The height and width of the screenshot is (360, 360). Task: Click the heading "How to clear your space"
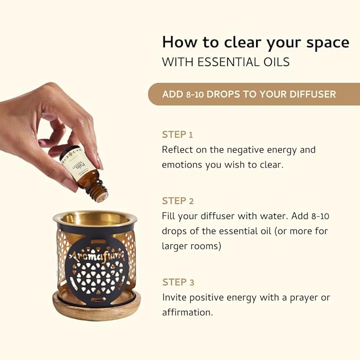(255, 41)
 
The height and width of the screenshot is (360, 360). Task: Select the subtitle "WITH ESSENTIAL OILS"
(225, 62)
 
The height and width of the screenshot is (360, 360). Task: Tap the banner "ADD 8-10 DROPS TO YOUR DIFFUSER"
(249, 94)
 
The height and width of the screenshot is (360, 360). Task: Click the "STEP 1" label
(177, 134)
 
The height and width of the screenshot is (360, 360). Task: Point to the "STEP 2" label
(178, 201)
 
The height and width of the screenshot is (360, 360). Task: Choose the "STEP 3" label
(178, 282)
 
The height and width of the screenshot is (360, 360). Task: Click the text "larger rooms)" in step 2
(191, 246)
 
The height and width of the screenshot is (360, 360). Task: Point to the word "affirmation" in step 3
(187, 312)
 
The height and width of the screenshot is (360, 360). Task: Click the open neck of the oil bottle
(99, 195)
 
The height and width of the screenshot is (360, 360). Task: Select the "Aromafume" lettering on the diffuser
(95, 257)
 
